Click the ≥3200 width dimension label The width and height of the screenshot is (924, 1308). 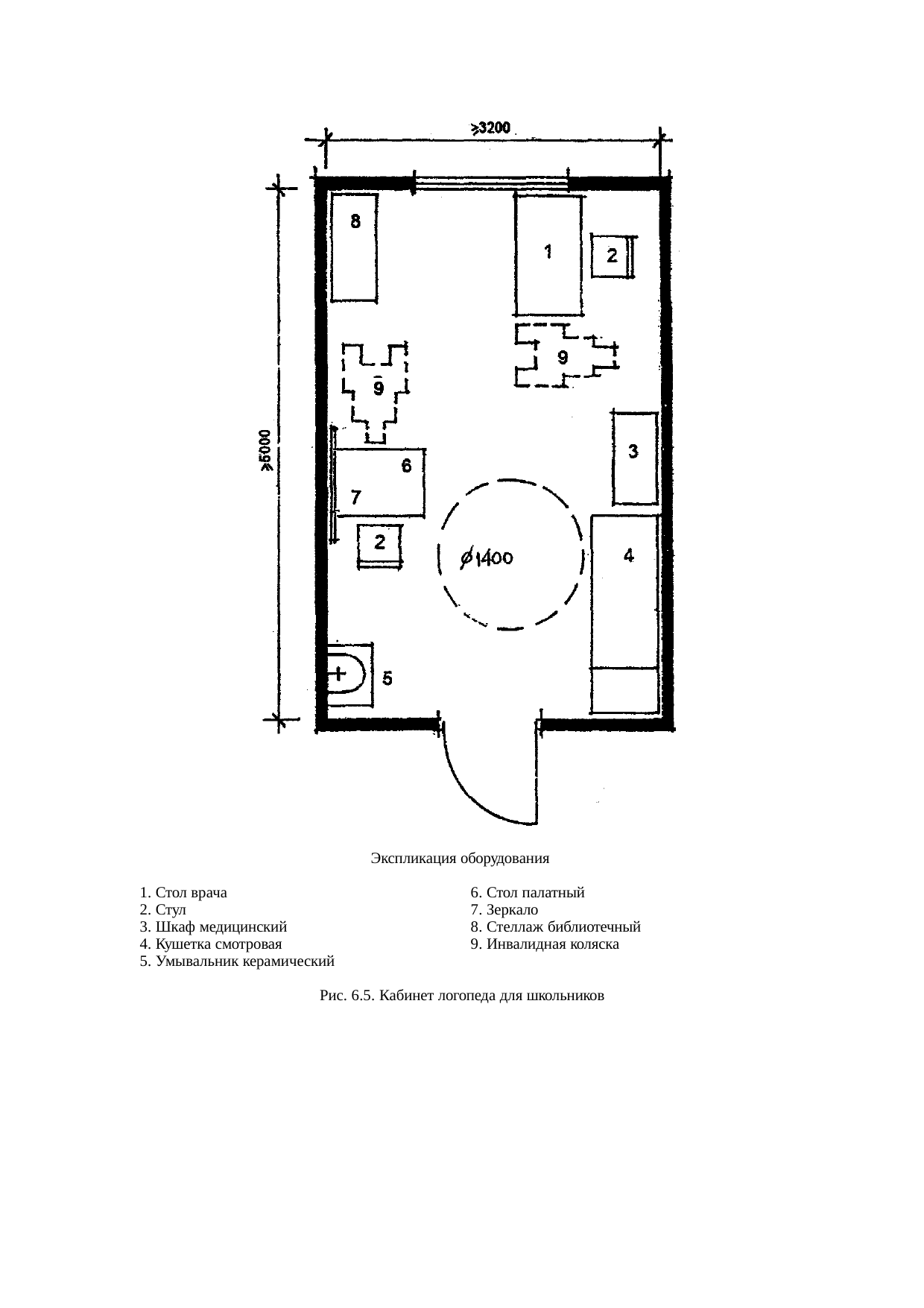coord(490,128)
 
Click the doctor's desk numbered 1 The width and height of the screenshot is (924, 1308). coord(548,255)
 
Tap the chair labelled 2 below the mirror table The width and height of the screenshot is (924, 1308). coord(380,546)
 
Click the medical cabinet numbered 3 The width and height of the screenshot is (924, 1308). coord(635,458)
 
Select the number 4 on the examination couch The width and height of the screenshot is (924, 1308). coord(629,555)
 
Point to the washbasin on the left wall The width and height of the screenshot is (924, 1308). coord(348,674)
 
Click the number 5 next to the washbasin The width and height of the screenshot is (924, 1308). coord(387,679)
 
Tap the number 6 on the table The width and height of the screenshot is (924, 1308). coord(406,467)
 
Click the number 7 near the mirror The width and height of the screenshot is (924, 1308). coord(356,496)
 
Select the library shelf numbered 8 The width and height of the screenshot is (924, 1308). coord(355,247)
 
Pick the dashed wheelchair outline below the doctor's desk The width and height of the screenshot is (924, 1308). coord(566,357)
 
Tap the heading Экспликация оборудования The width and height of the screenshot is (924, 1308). coord(460,858)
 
